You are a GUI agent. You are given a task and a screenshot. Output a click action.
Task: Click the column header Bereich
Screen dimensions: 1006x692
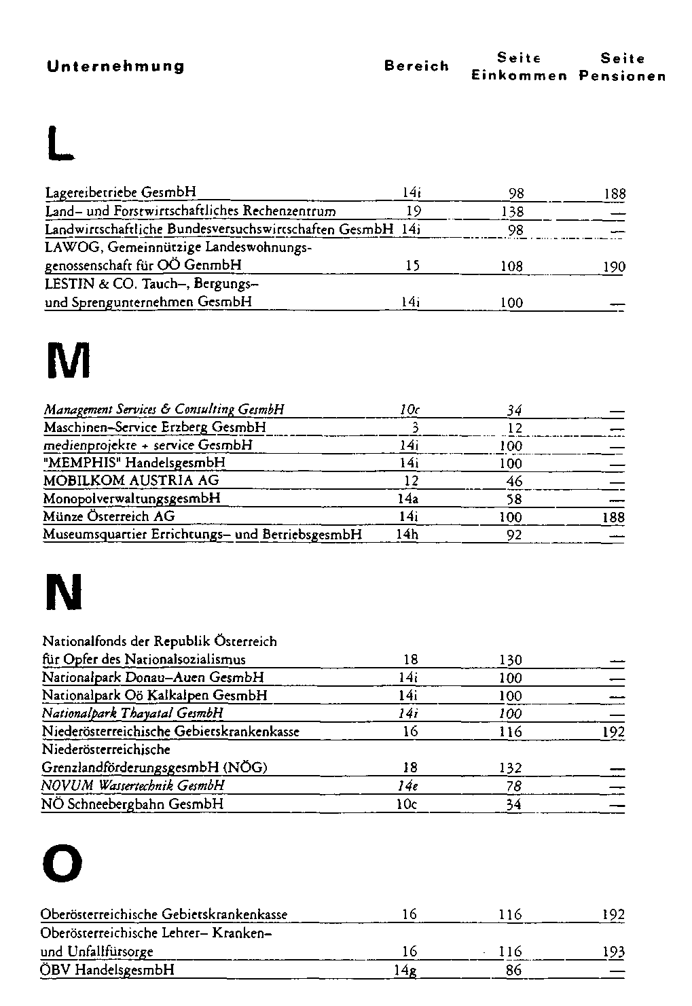point(416,66)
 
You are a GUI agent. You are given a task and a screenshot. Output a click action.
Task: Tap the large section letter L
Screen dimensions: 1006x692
point(58,145)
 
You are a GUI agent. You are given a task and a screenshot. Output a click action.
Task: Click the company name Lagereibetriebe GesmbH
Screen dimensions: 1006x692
point(120,193)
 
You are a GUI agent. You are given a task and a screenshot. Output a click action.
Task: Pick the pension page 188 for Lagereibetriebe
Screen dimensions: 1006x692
point(614,194)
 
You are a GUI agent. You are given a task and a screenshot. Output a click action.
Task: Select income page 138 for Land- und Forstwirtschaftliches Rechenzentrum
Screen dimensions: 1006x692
point(511,212)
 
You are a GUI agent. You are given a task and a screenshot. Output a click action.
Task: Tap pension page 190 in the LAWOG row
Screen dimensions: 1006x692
point(614,267)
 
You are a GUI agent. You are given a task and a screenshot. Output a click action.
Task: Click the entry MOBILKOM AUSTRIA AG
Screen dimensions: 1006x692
point(131,481)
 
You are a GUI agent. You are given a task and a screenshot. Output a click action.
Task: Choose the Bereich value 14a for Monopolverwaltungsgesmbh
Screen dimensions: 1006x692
point(407,499)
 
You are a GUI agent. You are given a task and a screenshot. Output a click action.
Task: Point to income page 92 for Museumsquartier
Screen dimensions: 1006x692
point(514,535)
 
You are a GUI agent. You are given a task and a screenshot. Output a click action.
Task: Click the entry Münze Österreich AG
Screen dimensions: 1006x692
point(109,517)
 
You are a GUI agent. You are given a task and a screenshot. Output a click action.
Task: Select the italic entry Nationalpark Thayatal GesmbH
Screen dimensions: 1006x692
point(132,713)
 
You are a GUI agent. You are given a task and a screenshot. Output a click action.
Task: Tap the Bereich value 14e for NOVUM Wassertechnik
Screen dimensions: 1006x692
point(407,786)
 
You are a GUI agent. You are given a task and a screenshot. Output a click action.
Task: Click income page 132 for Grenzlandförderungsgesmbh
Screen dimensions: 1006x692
point(511,768)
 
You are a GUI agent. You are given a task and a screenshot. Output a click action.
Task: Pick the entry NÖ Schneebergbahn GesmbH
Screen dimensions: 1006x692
point(132,804)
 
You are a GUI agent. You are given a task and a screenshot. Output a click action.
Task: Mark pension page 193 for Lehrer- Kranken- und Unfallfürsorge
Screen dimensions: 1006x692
point(614,952)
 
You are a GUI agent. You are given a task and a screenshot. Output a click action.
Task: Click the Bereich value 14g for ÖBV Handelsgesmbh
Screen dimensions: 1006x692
point(406,971)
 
